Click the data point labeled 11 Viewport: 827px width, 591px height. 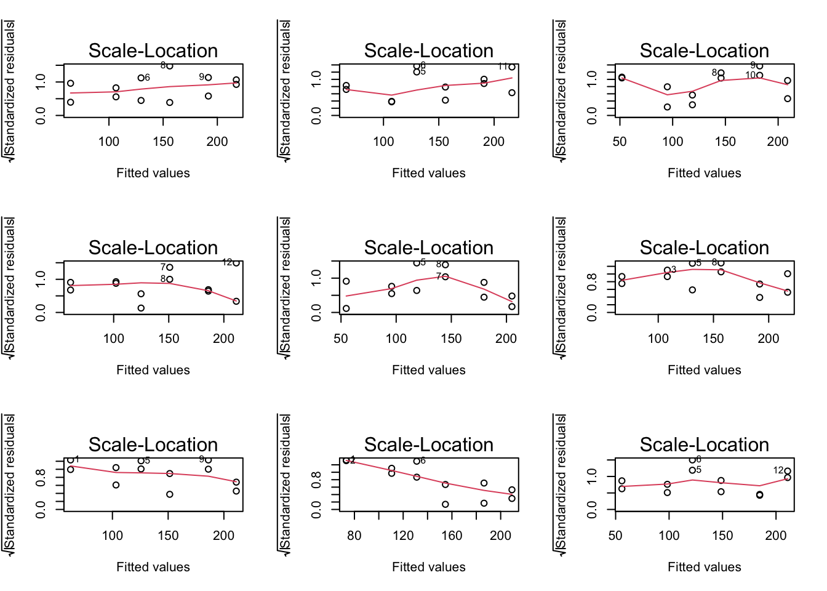[512, 67]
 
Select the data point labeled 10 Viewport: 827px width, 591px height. [759, 76]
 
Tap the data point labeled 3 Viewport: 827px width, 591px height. [667, 270]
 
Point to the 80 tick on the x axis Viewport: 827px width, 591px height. [354, 535]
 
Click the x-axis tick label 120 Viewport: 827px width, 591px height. [403, 535]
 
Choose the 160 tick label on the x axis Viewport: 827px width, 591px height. [452, 535]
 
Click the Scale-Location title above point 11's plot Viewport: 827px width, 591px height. [429, 50]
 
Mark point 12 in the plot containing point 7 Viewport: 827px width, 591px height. [236, 263]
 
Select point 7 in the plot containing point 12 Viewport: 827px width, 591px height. [170, 267]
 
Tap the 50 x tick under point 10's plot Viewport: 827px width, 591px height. [620, 141]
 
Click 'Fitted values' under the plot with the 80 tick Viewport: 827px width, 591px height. [429, 566]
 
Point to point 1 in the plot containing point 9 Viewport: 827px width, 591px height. [71, 460]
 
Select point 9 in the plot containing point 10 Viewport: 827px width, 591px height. [759, 66]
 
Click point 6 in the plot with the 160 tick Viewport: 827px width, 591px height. [417, 461]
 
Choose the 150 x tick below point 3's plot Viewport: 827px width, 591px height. [713, 338]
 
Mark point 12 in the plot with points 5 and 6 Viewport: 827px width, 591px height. [788, 472]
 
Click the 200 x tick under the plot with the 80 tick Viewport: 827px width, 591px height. [500, 535]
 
